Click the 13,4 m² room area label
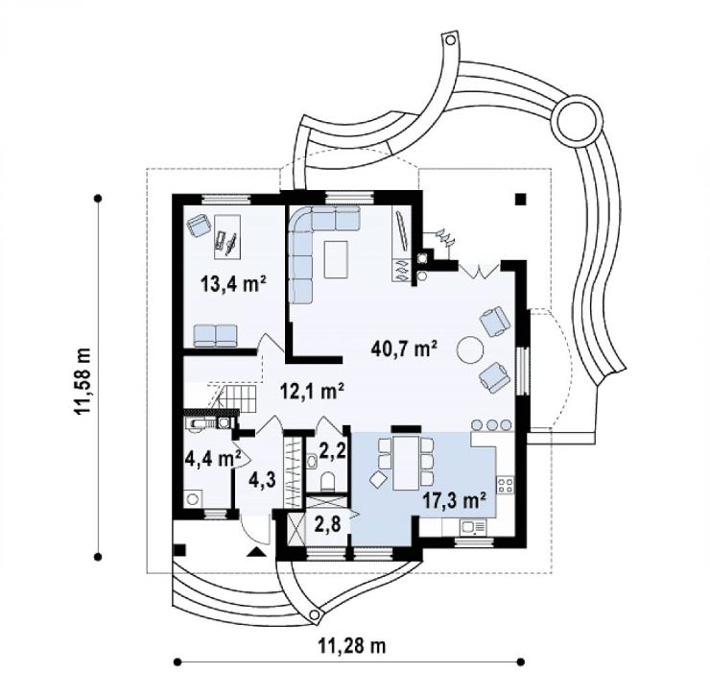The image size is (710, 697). pyautogui.click(x=233, y=284)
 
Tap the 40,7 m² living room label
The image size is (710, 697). pyautogui.click(x=404, y=348)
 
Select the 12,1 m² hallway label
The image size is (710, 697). pyautogui.click(x=312, y=391)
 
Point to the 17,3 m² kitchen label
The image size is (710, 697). pyautogui.click(x=454, y=501)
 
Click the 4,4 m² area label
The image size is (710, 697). pyautogui.click(x=212, y=459)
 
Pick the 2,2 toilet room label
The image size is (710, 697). pyautogui.click(x=334, y=450)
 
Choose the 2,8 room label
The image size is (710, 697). pyautogui.click(x=328, y=524)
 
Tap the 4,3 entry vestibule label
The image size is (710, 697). pyautogui.click(x=262, y=480)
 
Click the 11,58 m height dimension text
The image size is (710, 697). pyautogui.click(x=83, y=381)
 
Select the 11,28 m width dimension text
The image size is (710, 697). pyautogui.click(x=353, y=645)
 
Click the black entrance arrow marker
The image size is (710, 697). pyautogui.click(x=256, y=552)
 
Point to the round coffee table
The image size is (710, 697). pyautogui.click(x=470, y=349)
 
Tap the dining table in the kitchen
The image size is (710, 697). pyautogui.click(x=407, y=463)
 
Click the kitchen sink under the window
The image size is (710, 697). pyautogui.click(x=473, y=527)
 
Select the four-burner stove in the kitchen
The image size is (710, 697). pyautogui.click(x=506, y=486)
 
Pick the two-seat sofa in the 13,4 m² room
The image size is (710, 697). pyautogui.click(x=215, y=336)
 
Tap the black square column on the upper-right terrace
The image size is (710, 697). pyautogui.click(x=521, y=199)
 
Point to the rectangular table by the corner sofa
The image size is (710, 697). pyautogui.click(x=336, y=259)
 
